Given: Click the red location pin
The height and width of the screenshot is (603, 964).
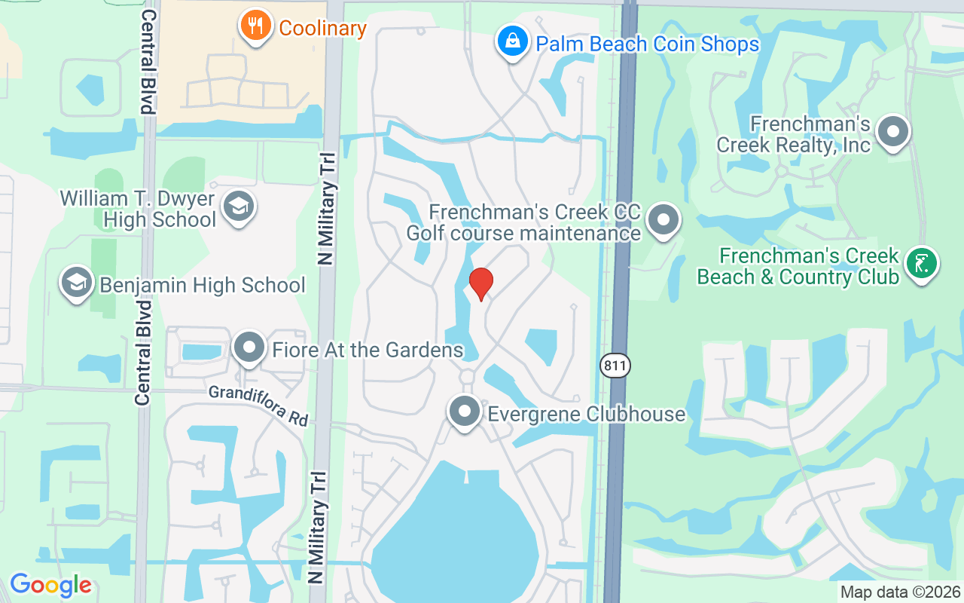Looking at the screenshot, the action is coord(480,283).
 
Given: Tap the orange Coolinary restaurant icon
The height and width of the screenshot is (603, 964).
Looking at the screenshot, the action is coord(256,26).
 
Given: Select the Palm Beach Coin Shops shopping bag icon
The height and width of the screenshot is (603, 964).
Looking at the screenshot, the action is coord(512,41).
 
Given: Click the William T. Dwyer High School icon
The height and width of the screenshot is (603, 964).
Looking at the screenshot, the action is coord(239,206).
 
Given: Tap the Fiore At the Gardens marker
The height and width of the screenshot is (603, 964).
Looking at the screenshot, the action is coord(249,347).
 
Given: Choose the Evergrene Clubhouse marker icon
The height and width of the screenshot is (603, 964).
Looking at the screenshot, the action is coord(465,412).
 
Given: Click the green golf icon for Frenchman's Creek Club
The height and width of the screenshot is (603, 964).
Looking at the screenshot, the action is coord(923,263).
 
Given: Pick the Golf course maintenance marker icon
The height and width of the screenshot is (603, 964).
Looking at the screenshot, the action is coord(664,221).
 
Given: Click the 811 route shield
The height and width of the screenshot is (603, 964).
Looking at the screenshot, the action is coord(615,366).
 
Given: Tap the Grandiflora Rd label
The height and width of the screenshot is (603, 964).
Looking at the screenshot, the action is coord(258,405).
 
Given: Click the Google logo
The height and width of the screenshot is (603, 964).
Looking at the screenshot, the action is coord(50,584).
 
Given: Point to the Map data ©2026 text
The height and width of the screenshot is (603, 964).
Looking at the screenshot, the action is coord(900,592).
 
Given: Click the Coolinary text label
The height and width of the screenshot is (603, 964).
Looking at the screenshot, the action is coord(322,29).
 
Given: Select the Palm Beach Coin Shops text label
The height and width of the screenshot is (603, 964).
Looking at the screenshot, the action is coord(647,44).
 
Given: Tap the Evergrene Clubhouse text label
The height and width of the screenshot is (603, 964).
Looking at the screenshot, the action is coord(587,414).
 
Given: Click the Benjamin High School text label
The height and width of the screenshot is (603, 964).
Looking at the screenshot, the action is coord(203,285).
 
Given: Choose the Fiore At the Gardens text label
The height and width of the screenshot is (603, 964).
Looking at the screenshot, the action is coord(368,350).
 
